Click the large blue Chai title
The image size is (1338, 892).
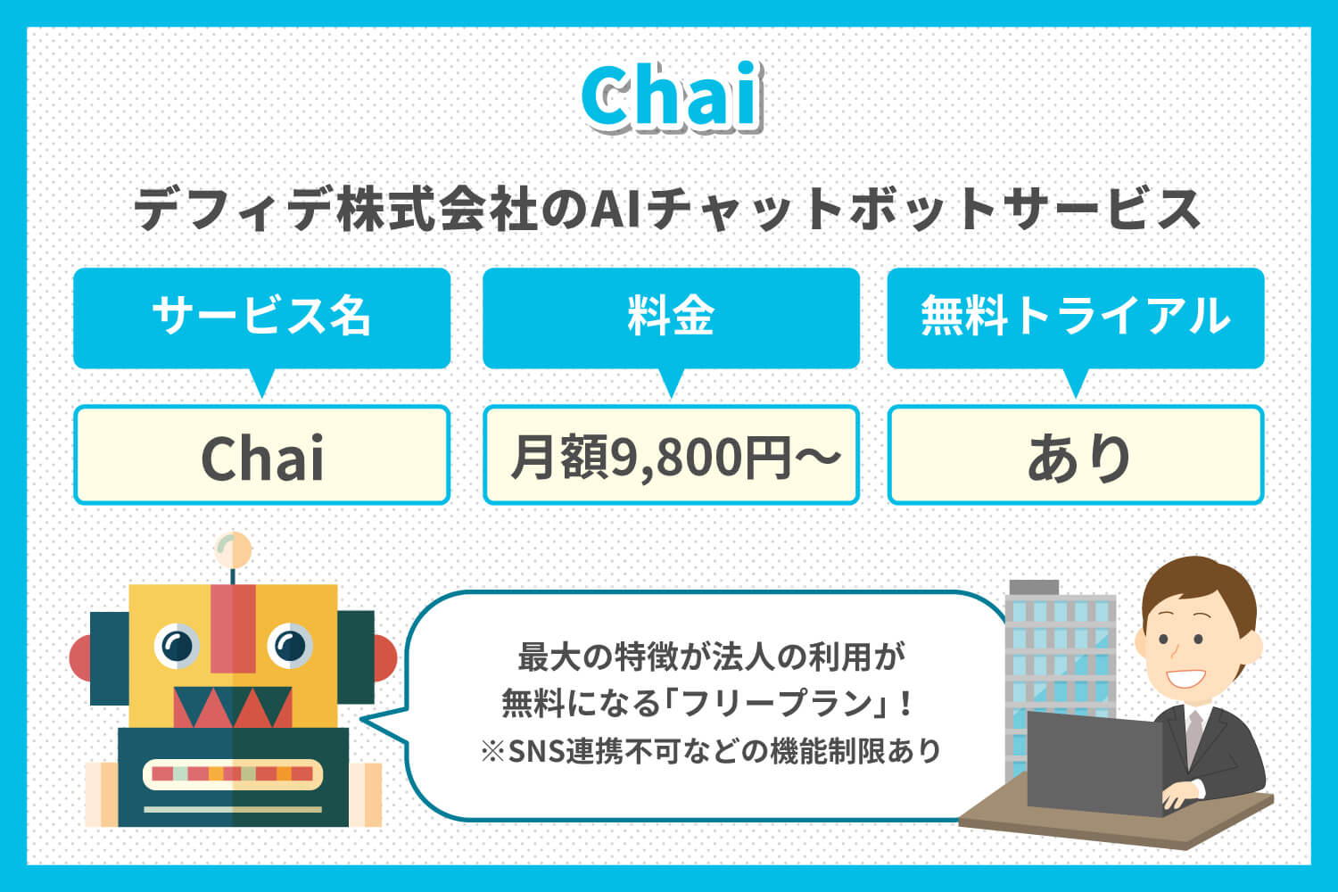pyautogui.click(x=672, y=97)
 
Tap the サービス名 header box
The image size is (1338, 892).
pyautogui.click(x=261, y=318)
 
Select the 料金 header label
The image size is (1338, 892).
pyautogui.click(x=671, y=316)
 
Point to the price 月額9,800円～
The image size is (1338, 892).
pyautogui.click(x=675, y=458)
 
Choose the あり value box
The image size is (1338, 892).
pyautogui.click(x=1075, y=455)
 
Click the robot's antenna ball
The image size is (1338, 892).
pyautogui.click(x=233, y=549)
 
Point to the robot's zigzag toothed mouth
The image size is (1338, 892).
pyautogui.click(x=233, y=706)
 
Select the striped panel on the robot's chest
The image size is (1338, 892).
pyautogui.click(x=233, y=774)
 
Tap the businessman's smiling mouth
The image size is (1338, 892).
pyautogui.click(x=1185, y=679)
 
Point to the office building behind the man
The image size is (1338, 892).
pyautogui.click(x=1061, y=675)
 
